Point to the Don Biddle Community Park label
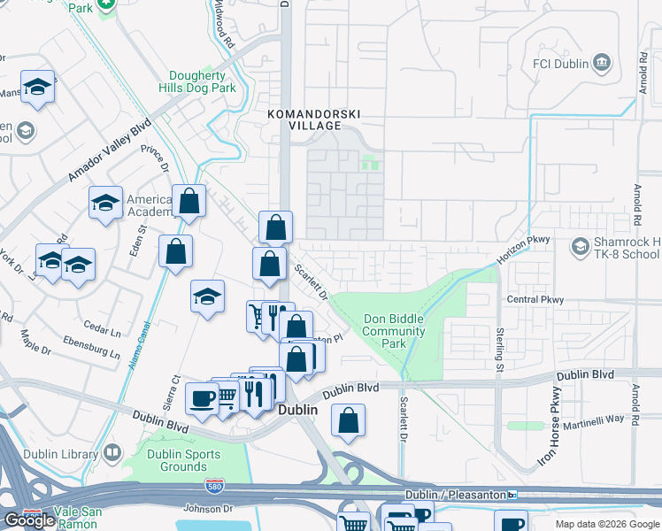(395, 331)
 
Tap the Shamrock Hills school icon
(581, 244)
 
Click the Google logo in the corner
(29, 520)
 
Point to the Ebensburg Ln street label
(92, 346)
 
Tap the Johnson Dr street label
(207, 508)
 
